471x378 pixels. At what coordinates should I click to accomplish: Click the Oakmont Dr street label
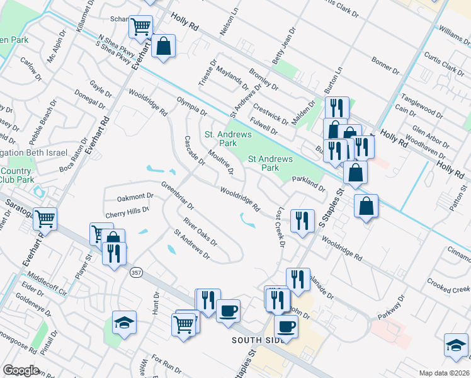[131, 197]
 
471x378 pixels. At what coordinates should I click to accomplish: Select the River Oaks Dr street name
[200, 232]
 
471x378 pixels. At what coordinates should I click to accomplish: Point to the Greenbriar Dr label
[177, 195]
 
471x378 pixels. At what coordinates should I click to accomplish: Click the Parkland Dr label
[309, 183]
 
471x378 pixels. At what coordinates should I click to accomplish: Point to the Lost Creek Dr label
[278, 226]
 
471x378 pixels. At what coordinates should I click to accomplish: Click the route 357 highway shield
[136, 273]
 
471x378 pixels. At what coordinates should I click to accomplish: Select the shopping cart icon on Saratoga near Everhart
[45, 219]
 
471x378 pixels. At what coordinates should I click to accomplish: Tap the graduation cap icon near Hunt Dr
[124, 323]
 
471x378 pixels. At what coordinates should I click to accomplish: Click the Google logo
[21, 370]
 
